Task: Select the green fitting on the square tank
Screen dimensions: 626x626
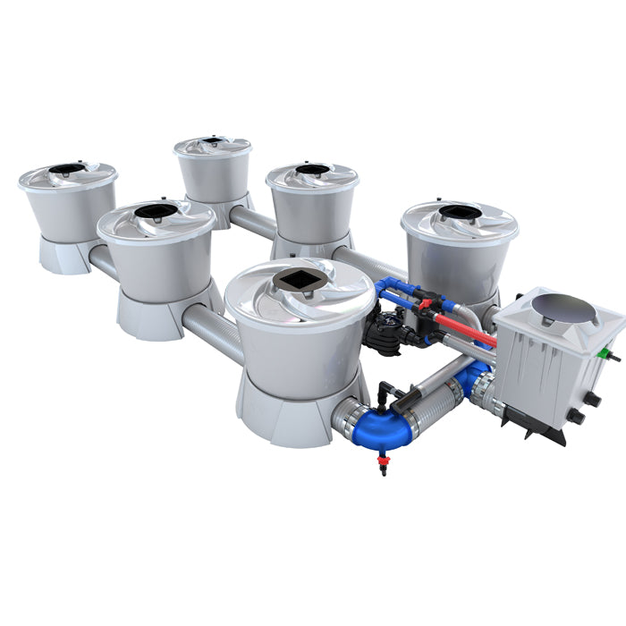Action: tap(613, 357)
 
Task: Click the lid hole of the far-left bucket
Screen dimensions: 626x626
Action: tap(66, 168)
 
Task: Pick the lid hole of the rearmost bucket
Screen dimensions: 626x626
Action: tap(212, 141)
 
